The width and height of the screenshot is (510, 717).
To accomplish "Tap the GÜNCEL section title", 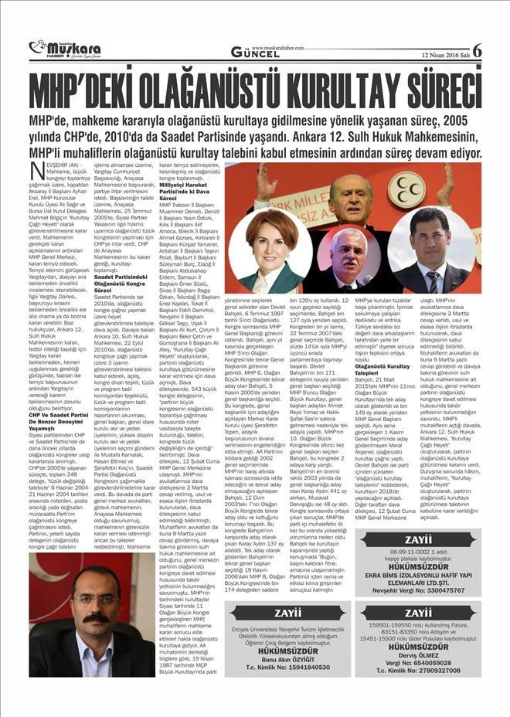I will coord(255,52).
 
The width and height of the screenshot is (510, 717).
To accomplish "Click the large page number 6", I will coord(477,49).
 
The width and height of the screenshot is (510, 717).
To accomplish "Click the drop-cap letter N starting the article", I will coord(36,171).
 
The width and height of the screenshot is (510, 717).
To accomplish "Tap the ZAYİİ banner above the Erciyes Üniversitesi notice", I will coord(287,613).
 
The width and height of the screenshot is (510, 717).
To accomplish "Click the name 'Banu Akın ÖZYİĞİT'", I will coord(287,659).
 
